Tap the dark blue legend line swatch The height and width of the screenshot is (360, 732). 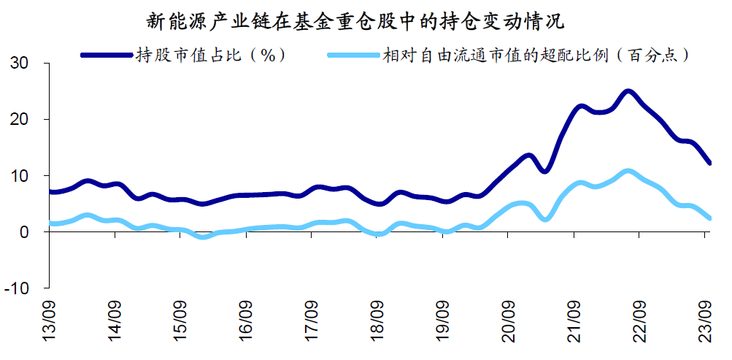[106, 55]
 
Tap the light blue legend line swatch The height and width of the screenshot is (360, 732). [354, 55]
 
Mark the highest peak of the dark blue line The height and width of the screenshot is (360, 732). [628, 92]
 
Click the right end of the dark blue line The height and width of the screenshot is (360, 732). [710, 163]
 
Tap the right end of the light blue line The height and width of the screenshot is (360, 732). [710, 218]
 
